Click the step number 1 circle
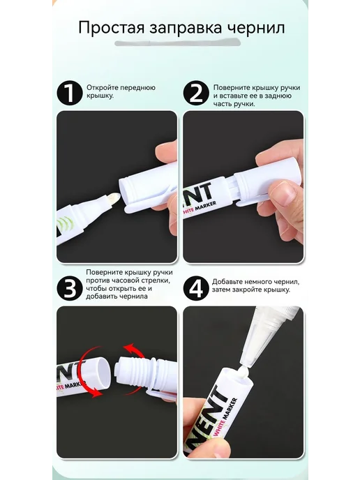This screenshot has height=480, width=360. click(x=70, y=93)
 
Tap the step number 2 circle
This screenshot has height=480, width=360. click(x=196, y=93)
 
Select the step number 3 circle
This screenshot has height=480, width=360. click(x=70, y=288)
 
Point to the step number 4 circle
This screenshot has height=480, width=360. click(x=196, y=288)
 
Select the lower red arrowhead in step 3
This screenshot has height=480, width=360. click(x=97, y=392)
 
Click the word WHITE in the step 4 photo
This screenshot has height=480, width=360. click(x=219, y=426)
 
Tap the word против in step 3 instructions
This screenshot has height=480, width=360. click(x=96, y=280)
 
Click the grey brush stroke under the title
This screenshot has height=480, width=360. click(x=177, y=43)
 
